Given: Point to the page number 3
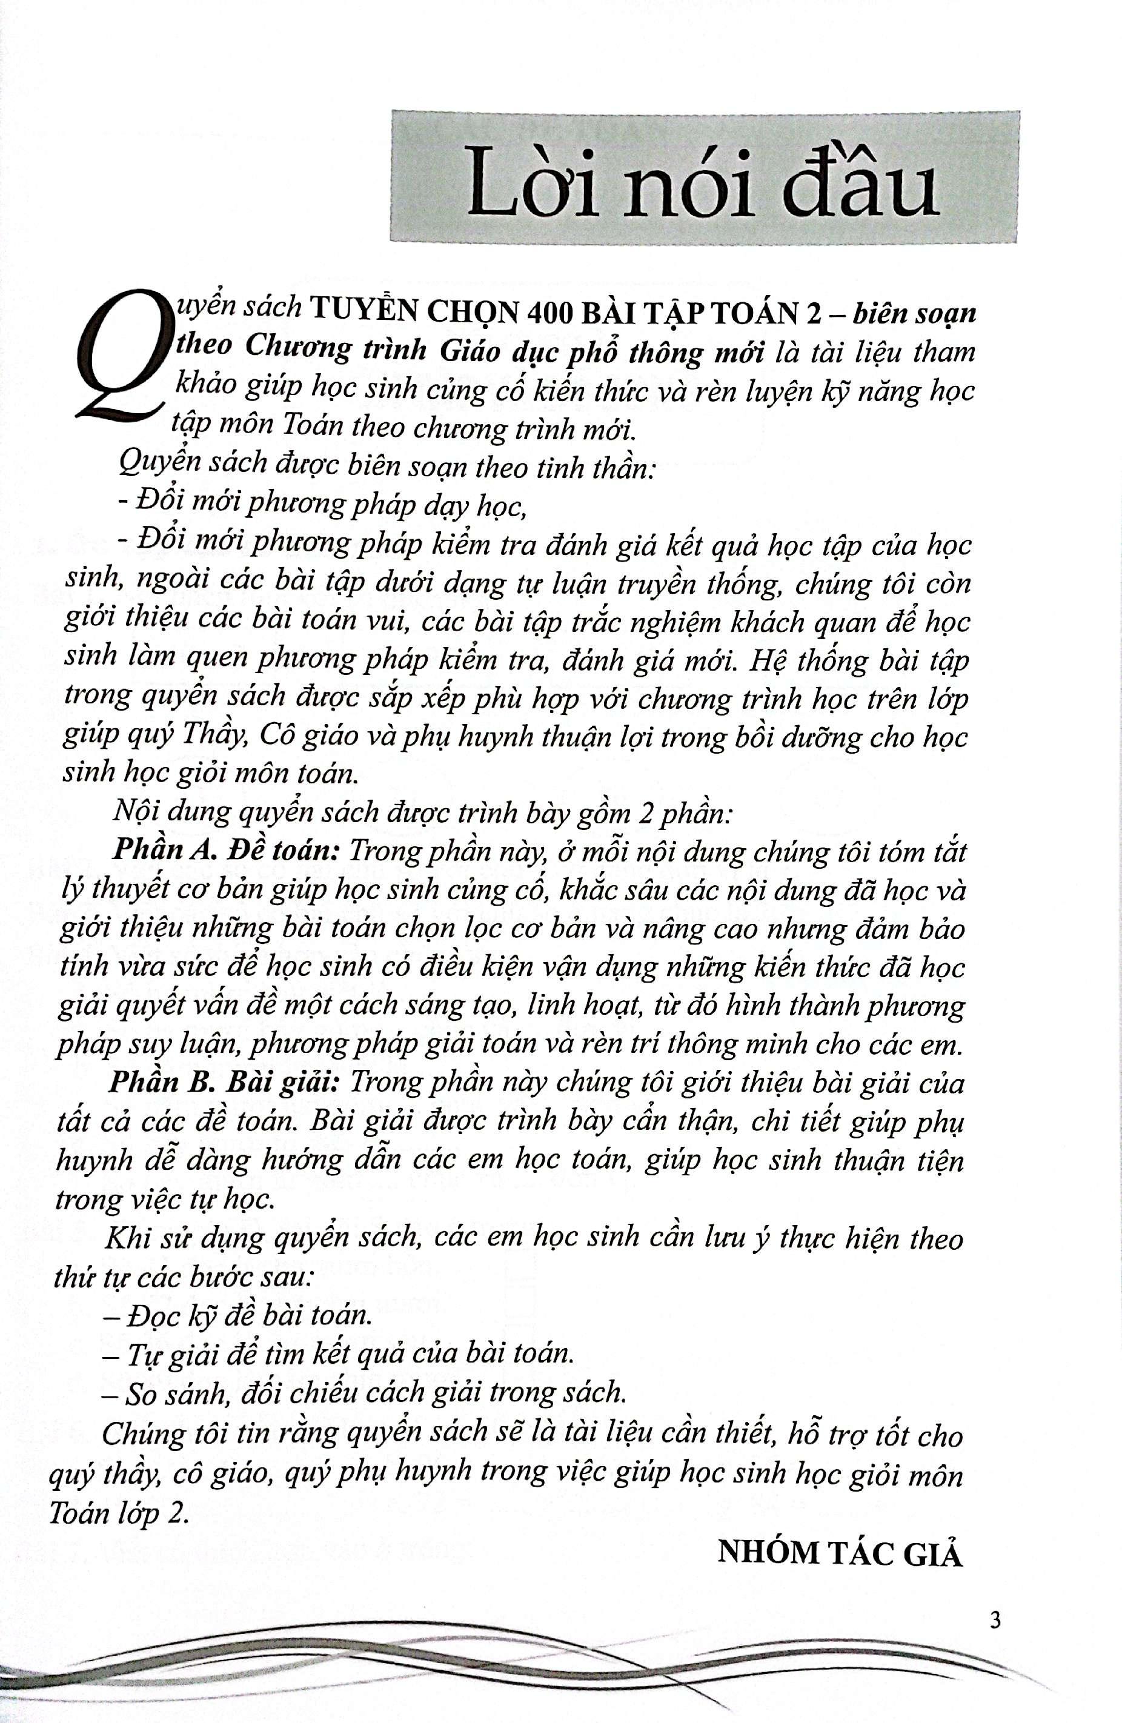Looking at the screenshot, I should [x=995, y=1619].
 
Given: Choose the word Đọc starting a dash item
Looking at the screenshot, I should [x=153, y=1315].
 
